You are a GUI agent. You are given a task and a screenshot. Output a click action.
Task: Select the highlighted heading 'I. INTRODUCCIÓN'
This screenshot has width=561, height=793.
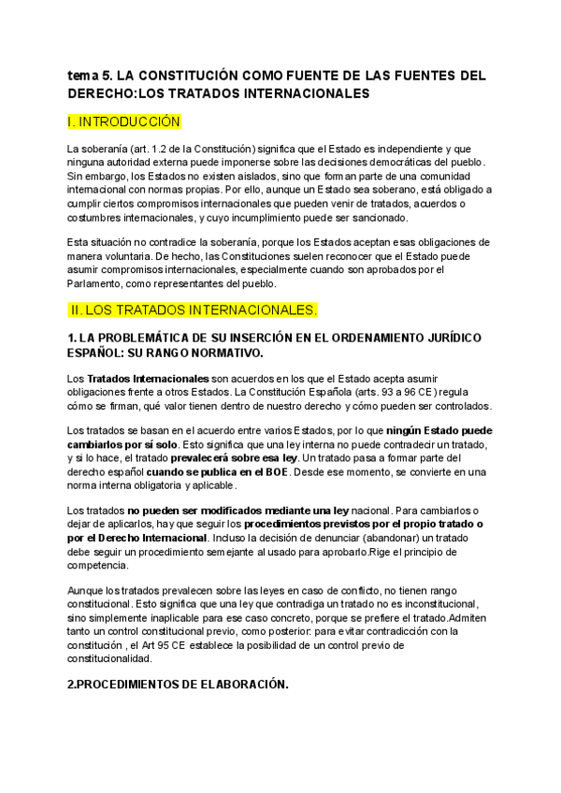click(x=123, y=123)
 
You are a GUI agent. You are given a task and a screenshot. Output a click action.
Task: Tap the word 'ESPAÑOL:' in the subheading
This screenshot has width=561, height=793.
click(x=98, y=353)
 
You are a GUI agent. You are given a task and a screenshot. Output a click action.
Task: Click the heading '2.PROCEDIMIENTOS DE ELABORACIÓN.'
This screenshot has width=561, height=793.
click(x=178, y=685)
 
